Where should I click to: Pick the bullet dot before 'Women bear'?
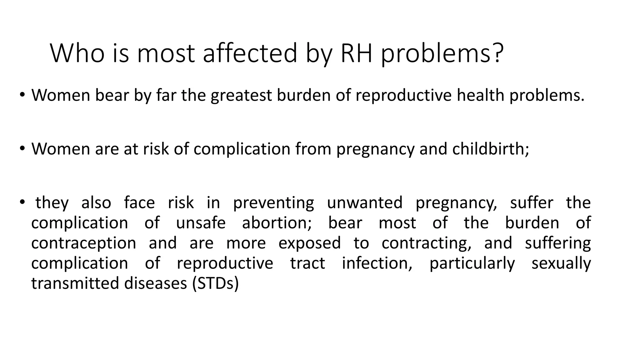click(21, 95)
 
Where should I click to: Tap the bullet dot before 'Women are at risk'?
click(21, 148)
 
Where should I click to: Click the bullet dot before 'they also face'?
click(21, 202)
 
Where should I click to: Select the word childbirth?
click(490, 149)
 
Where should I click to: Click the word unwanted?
click(365, 202)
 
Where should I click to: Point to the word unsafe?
click(201, 223)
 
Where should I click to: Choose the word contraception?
click(84, 243)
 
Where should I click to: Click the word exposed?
click(309, 243)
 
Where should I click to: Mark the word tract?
click(307, 263)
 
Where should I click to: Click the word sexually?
click(561, 263)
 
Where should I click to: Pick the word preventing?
click(273, 202)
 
